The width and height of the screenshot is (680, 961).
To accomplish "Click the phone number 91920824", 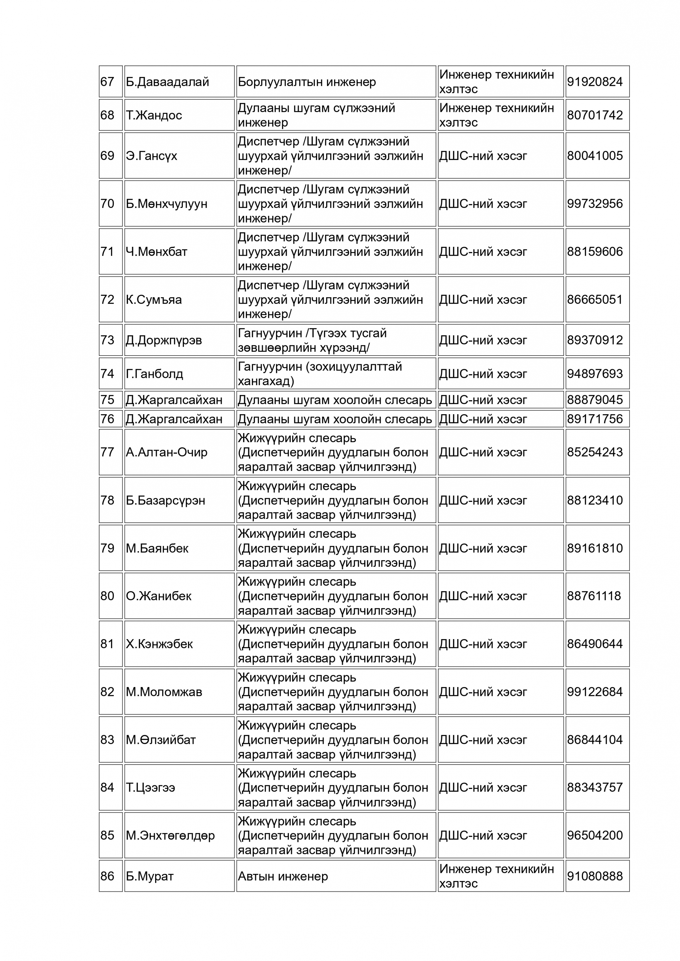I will (595, 82).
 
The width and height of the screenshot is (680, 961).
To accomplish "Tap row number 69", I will (107, 156).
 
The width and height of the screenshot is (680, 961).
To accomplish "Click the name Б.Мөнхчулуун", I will (167, 204).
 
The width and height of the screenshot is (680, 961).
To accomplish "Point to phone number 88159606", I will (595, 251).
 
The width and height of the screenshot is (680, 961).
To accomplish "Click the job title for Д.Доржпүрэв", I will (312, 340).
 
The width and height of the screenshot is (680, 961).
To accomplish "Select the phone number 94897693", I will (595, 374).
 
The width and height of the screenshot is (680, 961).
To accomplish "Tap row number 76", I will (107, 419).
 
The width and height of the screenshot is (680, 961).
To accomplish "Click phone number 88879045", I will (595, 400).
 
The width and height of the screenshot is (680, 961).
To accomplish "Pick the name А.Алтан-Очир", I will (167, 452).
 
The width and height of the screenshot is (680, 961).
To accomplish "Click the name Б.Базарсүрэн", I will (165, 500).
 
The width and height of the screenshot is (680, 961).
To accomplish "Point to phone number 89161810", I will (595, 548).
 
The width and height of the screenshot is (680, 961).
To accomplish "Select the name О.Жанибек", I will (158, 596).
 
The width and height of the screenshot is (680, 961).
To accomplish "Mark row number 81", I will (107, 644).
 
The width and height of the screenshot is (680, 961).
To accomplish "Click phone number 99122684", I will (595, 692).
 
